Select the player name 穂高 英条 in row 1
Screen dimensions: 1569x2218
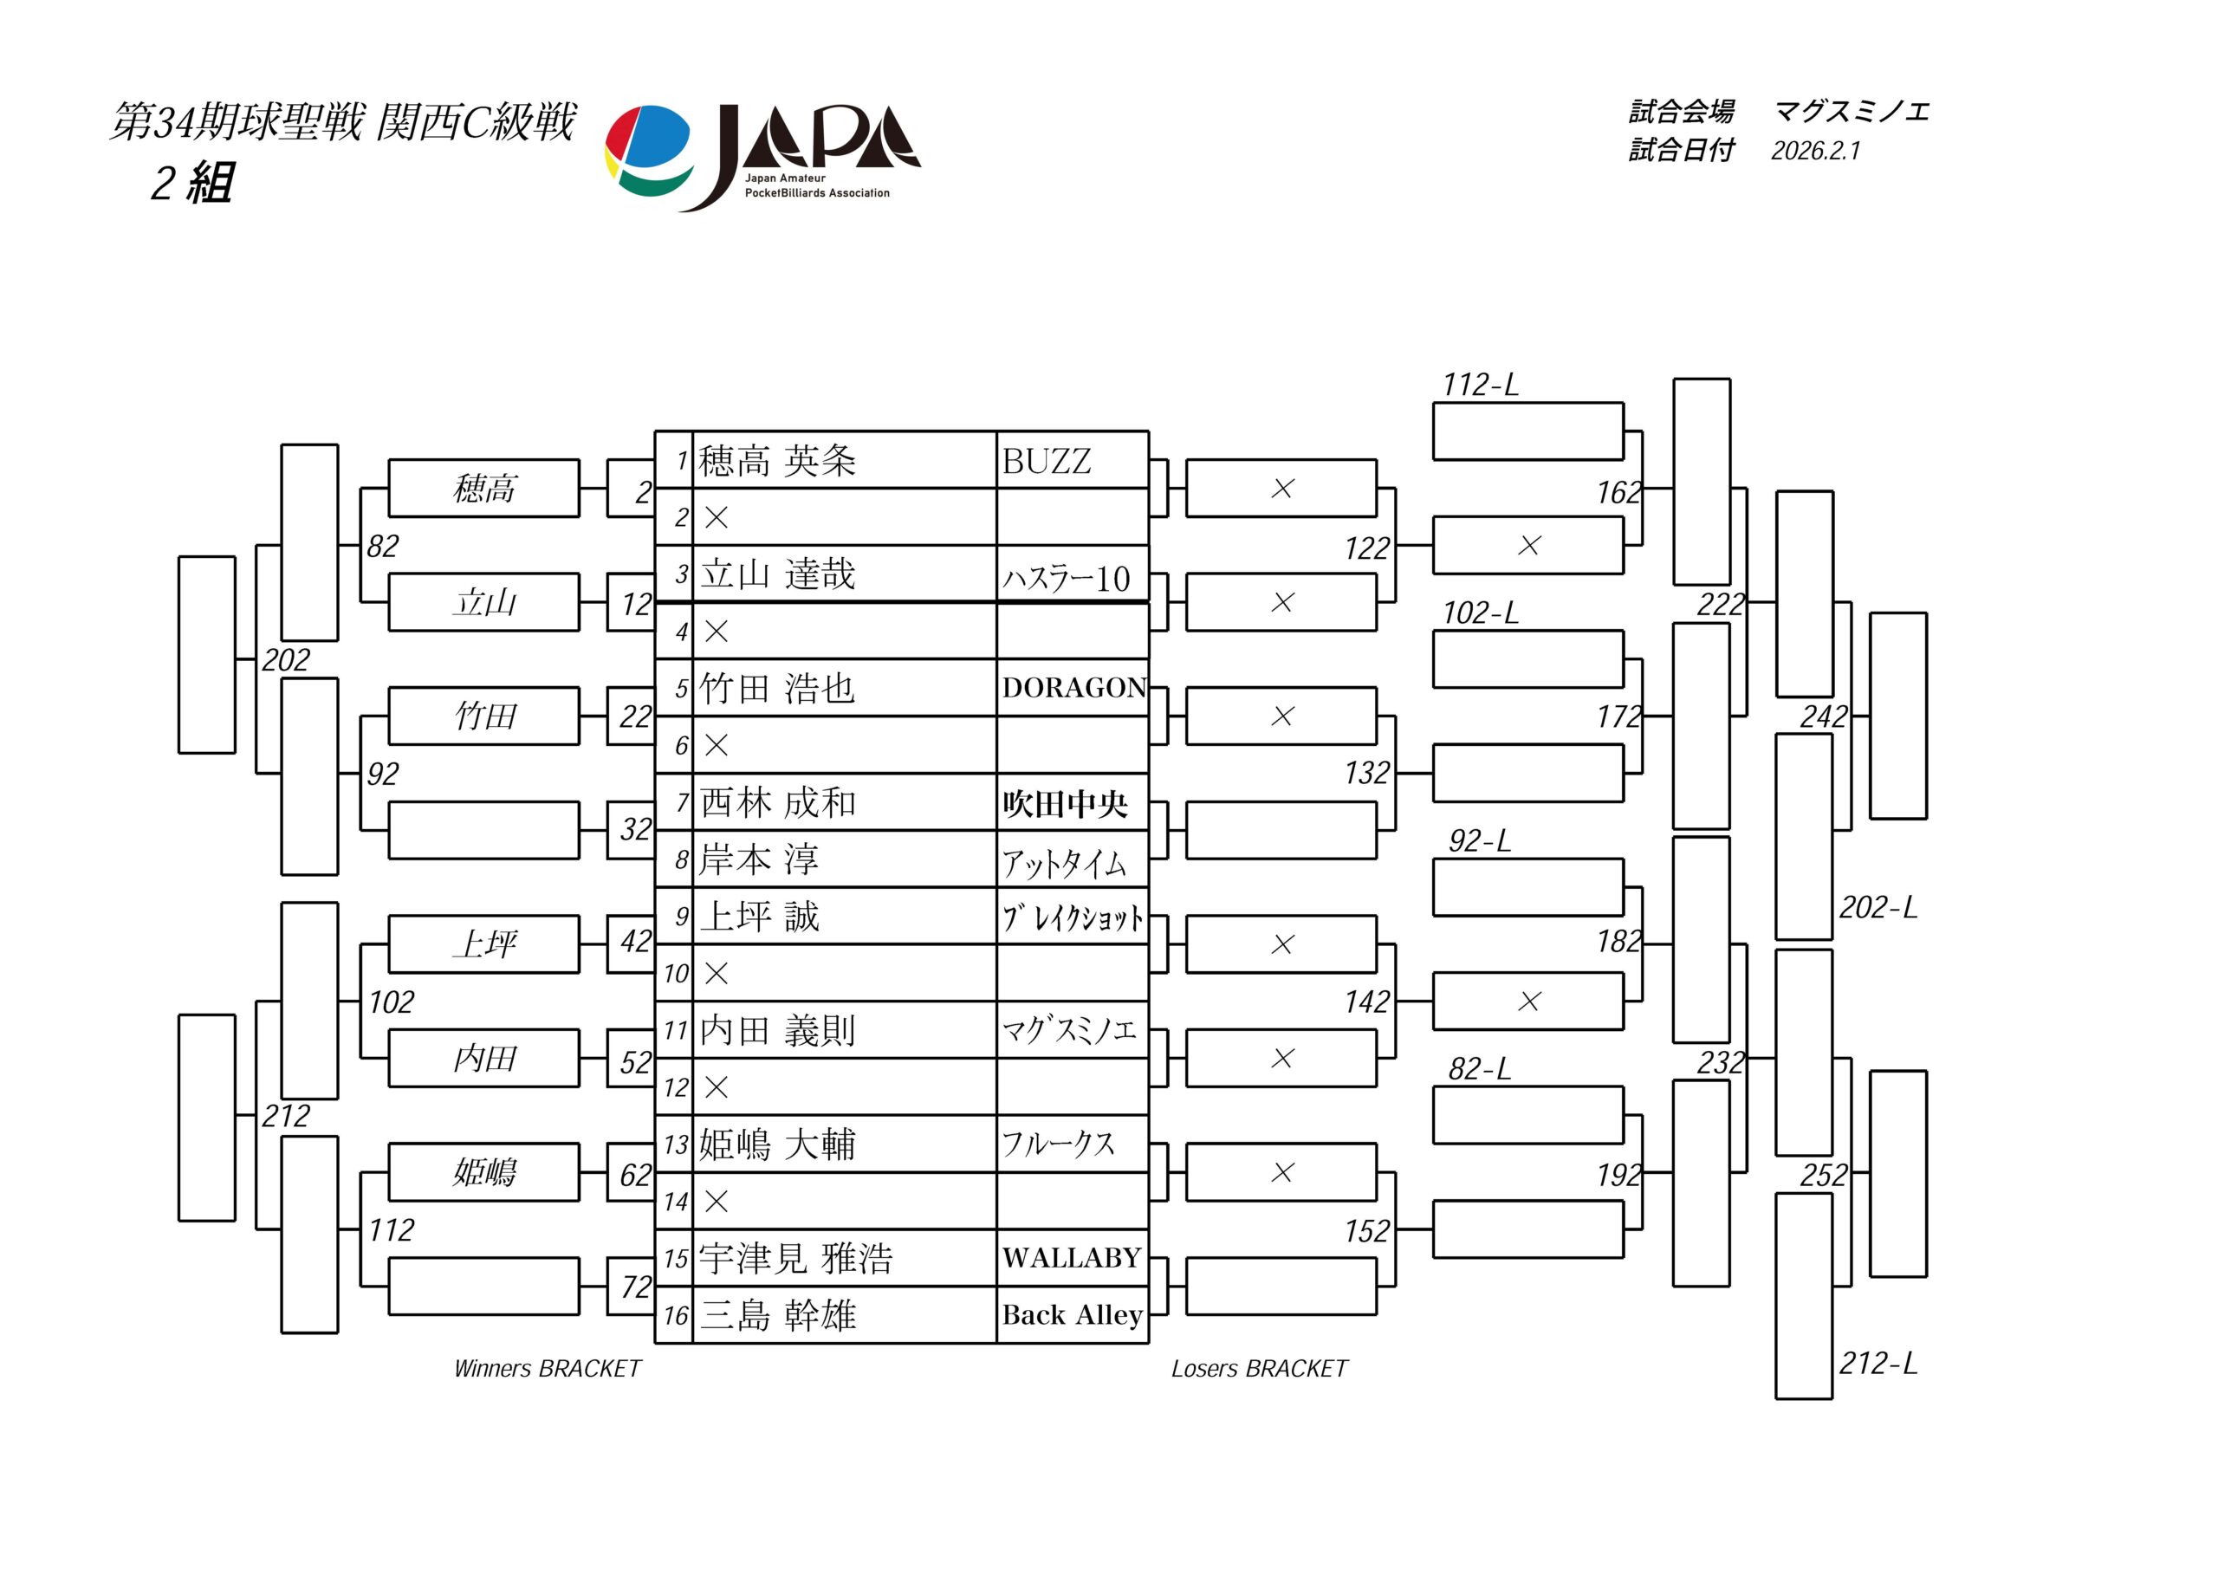click(778, 461)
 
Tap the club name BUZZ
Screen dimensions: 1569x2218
click(1047, 462)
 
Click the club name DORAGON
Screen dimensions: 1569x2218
click(1073, 688)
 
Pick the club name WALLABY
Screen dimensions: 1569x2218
click(1072, 1258)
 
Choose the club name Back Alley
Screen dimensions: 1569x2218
click(1072, 1315)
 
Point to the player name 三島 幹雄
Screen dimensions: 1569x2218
click(778, 1315)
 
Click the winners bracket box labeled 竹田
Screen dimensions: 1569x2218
click(484, 716)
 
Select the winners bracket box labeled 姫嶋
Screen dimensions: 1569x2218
click(484, 1172)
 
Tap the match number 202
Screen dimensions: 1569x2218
click(286, 660)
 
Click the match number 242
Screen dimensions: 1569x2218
click(1824, 716)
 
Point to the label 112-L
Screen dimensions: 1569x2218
click(1480, 385)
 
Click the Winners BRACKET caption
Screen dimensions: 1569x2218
click(547, 1369)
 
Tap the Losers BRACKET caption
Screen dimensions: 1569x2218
click(1259, 1369)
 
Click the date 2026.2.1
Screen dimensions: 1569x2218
click(1815, 151)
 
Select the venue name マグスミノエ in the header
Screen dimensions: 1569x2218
click(1851, 112)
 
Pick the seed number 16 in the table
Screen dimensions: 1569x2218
click(675, 1316)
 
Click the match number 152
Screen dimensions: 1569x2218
click(1367, 1231)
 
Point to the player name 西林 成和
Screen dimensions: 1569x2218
click(778, 803)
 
